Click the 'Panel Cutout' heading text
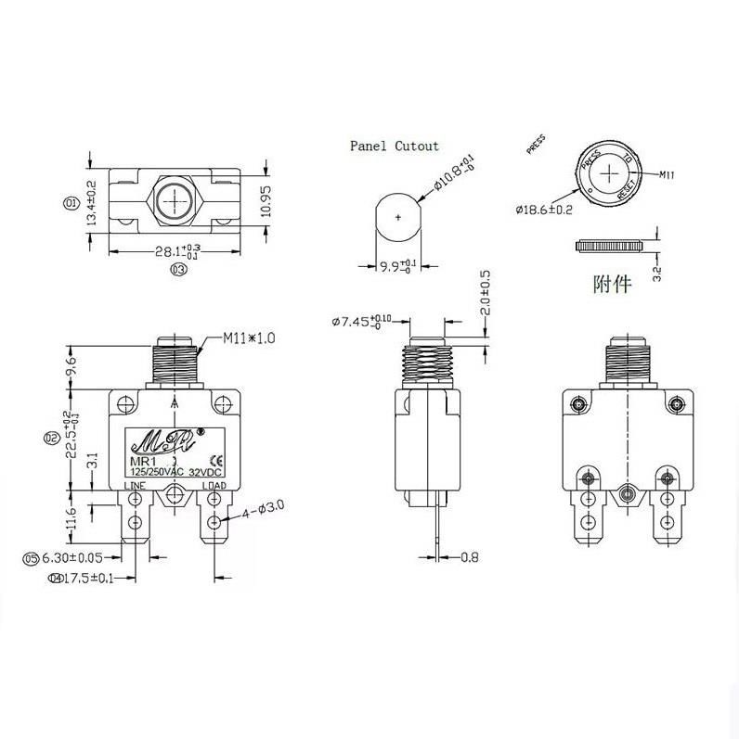(x=394, y=146)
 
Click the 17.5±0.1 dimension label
(x=84, y=579)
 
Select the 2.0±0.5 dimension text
(x=485, y=296)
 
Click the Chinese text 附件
(x=612, y=283)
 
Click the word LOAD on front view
(x=214, y=486)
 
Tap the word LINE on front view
(x=136, y=486)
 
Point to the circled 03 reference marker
(x=178, y=270)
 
